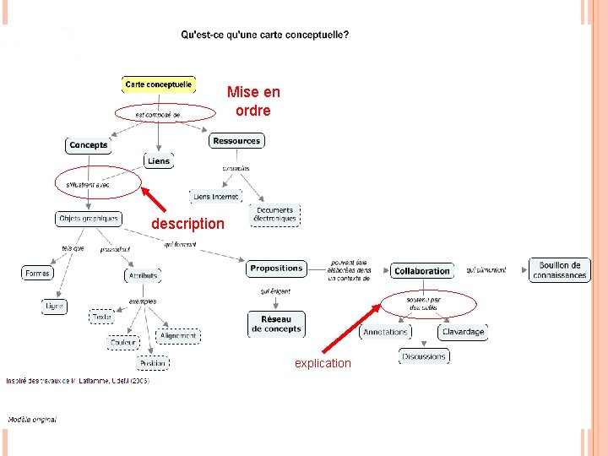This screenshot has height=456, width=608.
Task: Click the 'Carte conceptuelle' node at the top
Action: [159, 84]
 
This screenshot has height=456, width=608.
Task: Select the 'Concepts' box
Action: [89, 145]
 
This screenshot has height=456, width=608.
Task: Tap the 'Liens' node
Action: [158, 160]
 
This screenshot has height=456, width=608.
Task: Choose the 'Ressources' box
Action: [236, 140]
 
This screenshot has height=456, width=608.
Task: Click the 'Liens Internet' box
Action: [215, 197]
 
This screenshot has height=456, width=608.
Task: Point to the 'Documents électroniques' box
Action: [275, 214]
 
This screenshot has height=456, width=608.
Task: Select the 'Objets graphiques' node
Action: [88, 219]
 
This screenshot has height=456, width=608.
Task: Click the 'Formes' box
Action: [38, 274]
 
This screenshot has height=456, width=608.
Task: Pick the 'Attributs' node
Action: [143, 275]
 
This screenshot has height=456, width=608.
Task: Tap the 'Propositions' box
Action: [276, 269]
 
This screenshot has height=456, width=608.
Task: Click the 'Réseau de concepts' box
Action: [276, 324]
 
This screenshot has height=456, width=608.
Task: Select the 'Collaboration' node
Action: [421, 271]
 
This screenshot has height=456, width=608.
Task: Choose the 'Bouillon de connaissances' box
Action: [559, 270]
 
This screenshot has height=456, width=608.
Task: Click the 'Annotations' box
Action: [385, 332]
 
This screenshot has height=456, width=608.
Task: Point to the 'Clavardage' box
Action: [464, 332]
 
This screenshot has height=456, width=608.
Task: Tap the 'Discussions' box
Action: [424, 356]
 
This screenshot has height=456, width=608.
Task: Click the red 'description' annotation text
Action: [187, 224]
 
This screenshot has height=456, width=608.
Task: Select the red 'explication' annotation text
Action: [323, 363]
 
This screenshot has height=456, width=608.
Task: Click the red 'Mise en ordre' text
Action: [253, 101]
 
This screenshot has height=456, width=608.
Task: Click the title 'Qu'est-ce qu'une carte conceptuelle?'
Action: [264, 35]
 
